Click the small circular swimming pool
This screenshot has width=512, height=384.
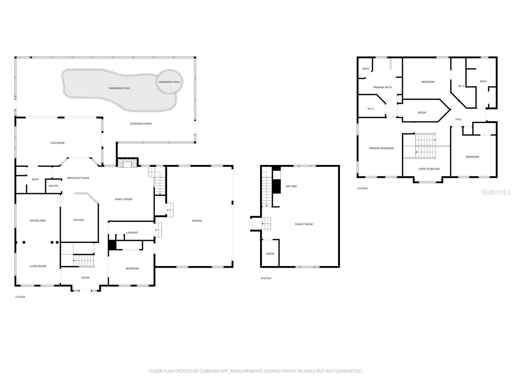coord(169,82)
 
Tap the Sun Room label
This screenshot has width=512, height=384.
coord(57,143)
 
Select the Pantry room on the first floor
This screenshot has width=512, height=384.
coord(53,186)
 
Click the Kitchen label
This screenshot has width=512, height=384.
coord(79,220)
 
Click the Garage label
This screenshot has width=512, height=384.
coord(197,221)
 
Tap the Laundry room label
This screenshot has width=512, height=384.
coord(132,233)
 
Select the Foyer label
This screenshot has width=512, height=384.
coord(85,278)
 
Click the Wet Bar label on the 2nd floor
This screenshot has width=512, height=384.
coord(291,186)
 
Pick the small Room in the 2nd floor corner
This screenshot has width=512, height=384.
coord(270,254)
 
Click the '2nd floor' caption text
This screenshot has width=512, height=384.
coord(266,278)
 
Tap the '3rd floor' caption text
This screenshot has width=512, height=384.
coord(362,188)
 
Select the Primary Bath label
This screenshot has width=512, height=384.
coord(382,87)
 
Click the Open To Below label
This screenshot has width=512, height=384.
coord(429,169)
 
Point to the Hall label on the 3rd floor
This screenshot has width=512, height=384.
coord(458,119)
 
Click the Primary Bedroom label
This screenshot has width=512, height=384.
coord(381,148)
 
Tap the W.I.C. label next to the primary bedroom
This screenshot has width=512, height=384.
coord(371,109)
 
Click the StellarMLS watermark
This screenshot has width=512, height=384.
coord(496,192)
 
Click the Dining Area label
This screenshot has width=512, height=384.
coord(38,221)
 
